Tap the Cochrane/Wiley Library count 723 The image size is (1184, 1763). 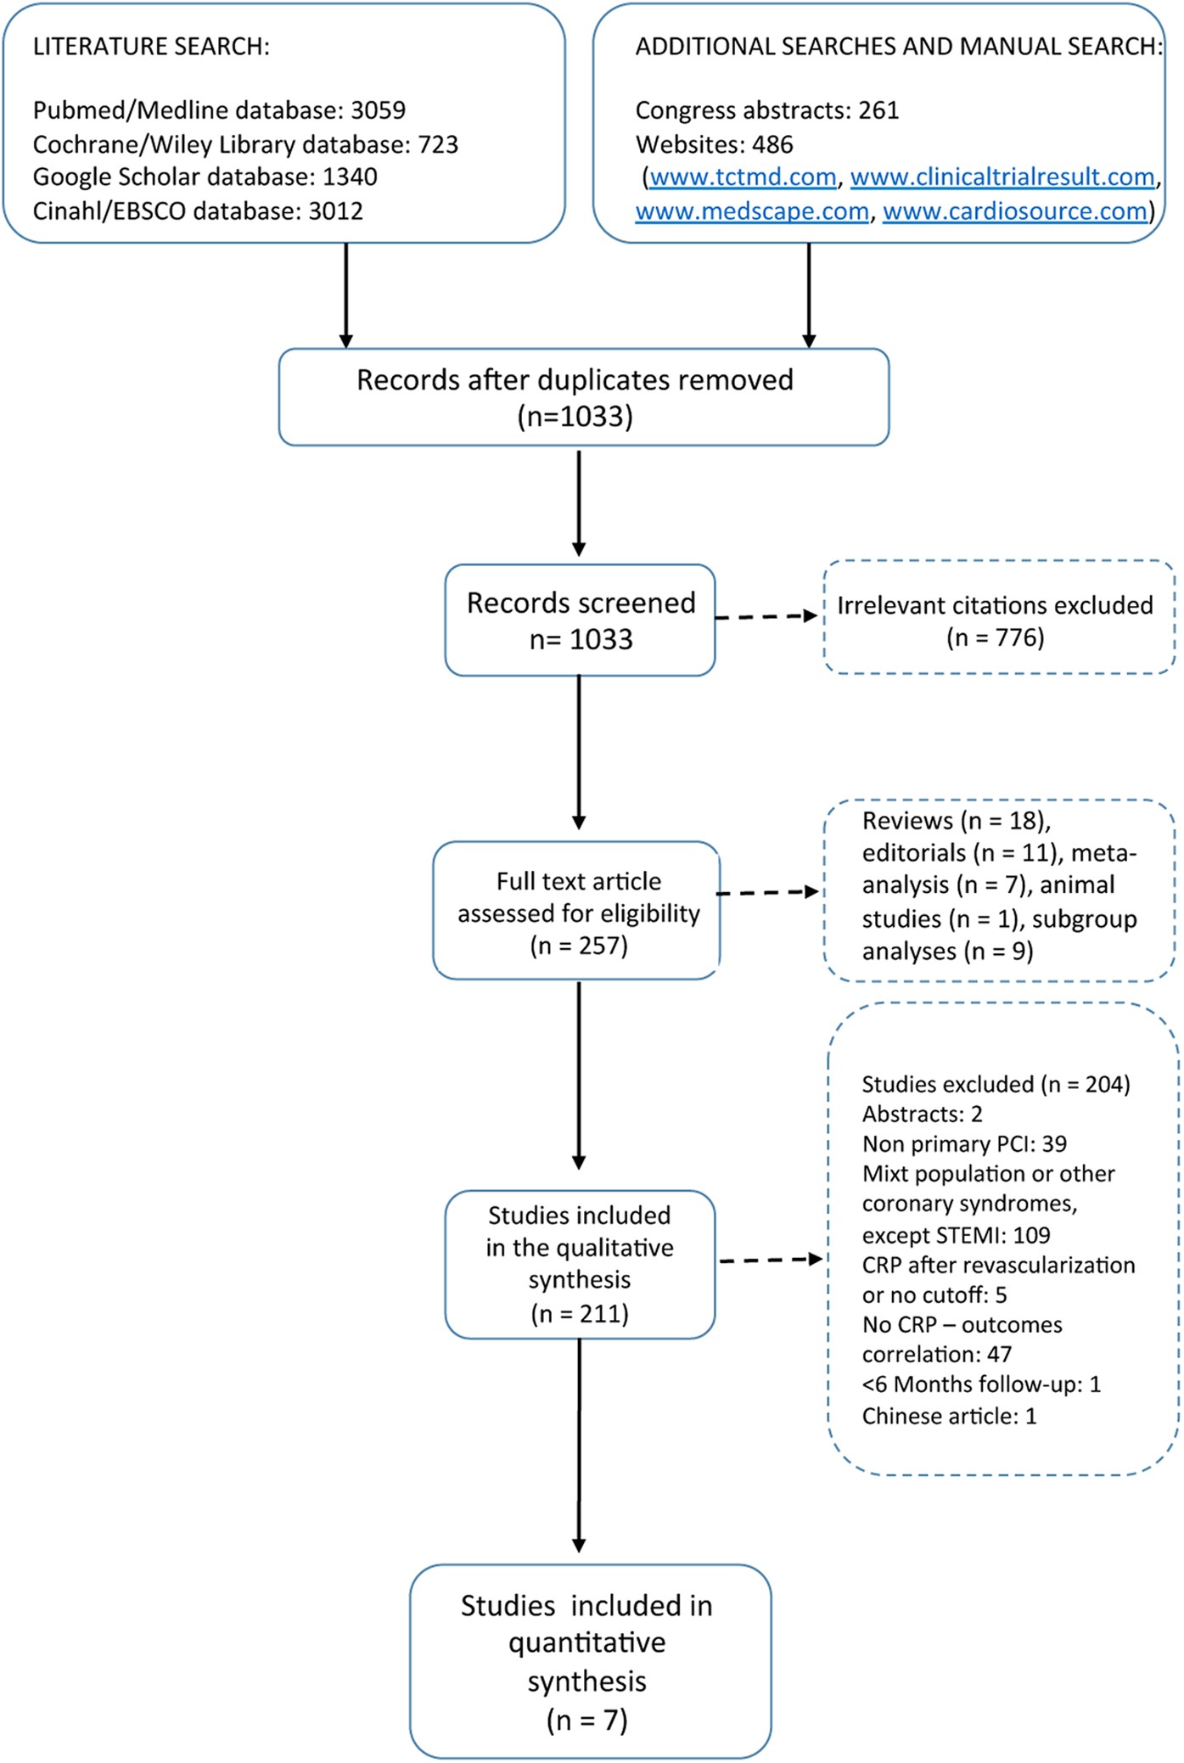click(438, 144)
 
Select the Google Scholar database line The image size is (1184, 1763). click(205, 177)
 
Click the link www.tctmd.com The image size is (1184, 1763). click(743, 177)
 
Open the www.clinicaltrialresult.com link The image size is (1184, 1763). click(1002, 177)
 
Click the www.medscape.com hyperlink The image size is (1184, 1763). click(752, 211)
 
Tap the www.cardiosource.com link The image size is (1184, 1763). click(1014, 211)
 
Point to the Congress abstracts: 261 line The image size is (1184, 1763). click(766, 110)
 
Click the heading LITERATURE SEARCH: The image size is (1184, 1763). click(151, 47)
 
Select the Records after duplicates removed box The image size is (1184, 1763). click(583, 396)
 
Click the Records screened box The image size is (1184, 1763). click(580, 620)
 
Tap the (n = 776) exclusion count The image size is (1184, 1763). click(995, 637)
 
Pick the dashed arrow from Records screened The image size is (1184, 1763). click(767, 616)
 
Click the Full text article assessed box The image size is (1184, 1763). click(577, 911)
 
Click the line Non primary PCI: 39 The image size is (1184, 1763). click(964, 1143)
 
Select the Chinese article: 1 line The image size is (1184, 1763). click(949, 1416)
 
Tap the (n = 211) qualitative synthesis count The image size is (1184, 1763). click(580, 1313)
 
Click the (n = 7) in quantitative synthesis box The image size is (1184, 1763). click(586, 1720)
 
